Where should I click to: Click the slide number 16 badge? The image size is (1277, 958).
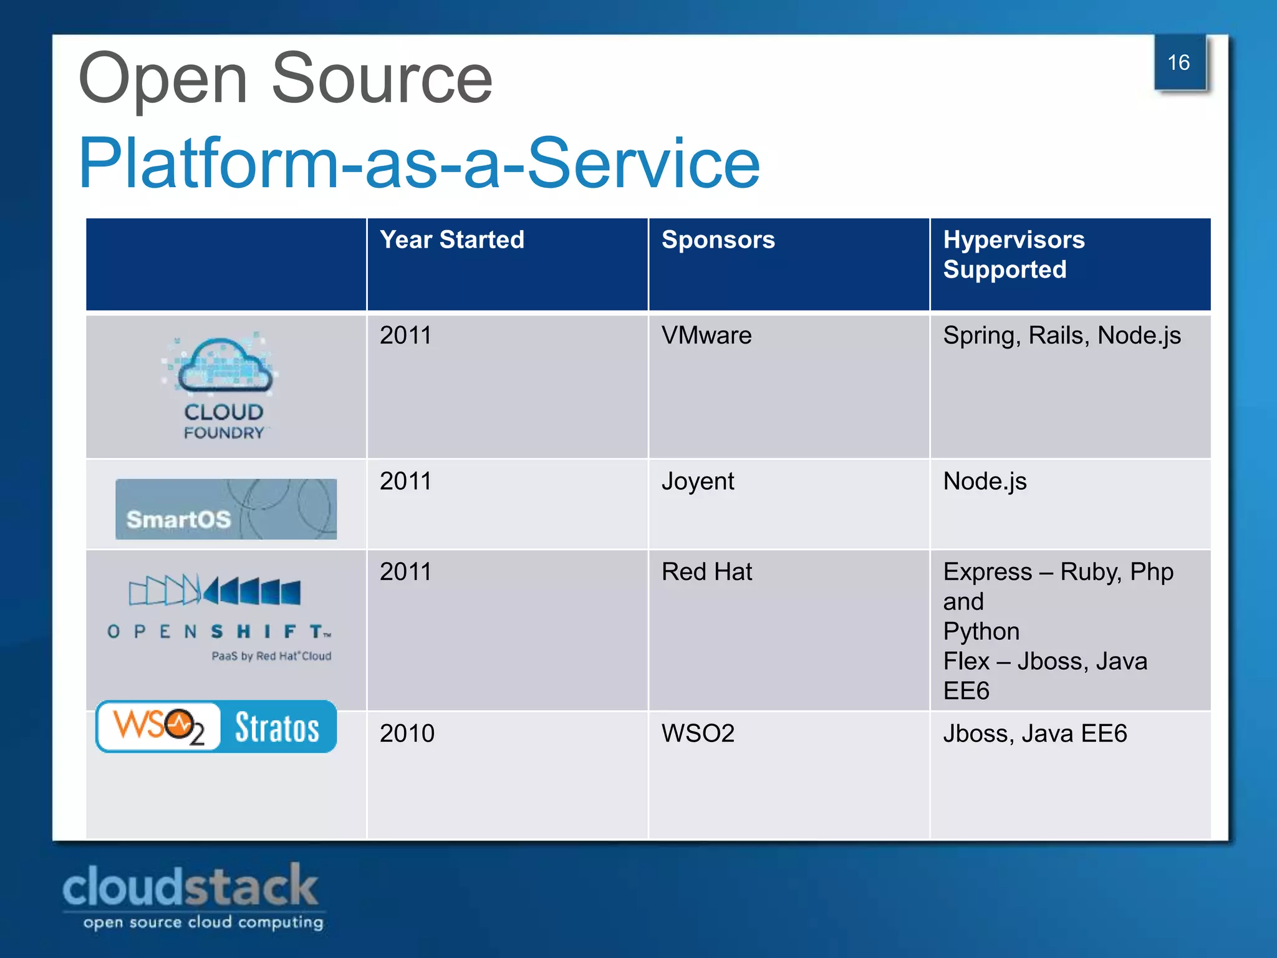1179,63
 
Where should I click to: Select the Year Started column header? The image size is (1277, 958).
452,240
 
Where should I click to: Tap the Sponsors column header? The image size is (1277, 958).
718,240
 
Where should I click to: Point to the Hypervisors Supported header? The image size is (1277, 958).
1013,254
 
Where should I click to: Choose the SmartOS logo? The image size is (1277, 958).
226,509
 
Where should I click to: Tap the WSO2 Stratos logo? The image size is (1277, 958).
216,727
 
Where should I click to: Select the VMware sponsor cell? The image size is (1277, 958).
706,336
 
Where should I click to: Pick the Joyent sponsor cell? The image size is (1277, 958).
698,481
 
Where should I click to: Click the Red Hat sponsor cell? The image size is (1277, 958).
706,572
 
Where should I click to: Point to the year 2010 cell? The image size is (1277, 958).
407,733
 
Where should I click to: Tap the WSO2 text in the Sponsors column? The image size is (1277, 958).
698,733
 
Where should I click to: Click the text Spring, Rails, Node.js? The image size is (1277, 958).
1061,336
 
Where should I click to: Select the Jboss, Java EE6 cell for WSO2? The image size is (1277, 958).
1034,733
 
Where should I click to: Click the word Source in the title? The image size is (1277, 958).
382,79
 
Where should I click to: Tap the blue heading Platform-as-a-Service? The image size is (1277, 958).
419,163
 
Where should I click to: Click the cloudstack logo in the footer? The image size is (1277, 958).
192,896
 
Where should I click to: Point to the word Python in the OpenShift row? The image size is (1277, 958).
981,632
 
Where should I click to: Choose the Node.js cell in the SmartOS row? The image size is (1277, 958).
985,481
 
